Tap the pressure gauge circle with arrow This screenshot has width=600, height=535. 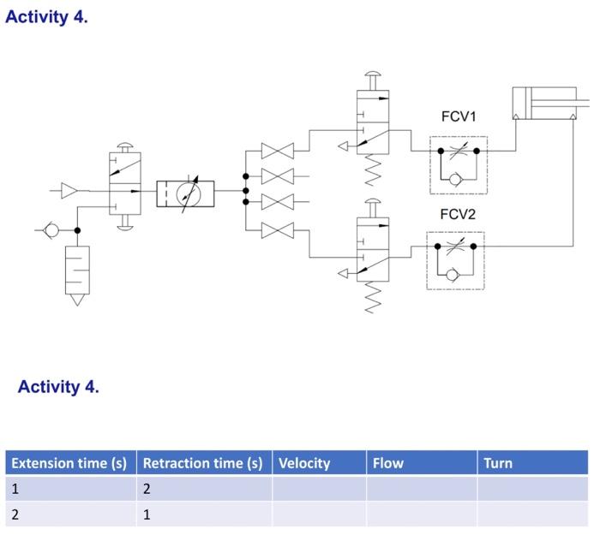(185, 194)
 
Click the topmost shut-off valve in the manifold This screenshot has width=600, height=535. (277, 152)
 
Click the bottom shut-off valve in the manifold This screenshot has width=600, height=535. (277, 229)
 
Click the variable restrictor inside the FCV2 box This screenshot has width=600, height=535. (458, 247)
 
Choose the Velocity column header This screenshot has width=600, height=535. (303, 463)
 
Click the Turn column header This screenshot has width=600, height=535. (497, 463)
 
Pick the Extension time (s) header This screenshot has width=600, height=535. (69, 463)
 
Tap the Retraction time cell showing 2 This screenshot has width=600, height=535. (147, 490)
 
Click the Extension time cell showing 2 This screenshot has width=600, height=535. (15, 514)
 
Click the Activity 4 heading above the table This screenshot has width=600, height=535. (58, 387)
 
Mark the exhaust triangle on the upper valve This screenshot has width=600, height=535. (343, 146)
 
